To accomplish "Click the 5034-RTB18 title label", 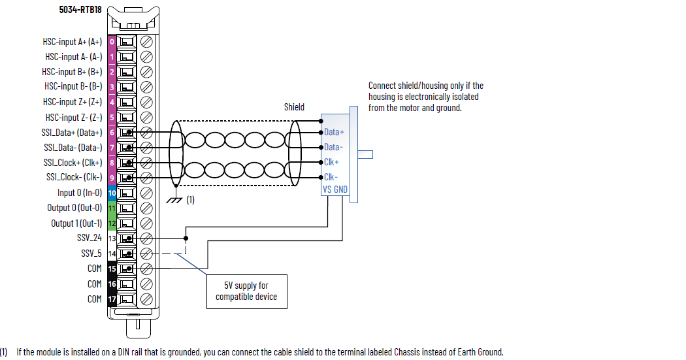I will pyautogui.click(x=79, y=10).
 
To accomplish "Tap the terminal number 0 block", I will pyautogui.click(x=112, y=42).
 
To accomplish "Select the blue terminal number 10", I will pyautogui.click(x=112, y=193).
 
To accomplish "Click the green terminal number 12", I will pyautogui.click(x=112, y=223).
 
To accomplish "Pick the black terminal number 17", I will pyautogui.click(x=112, y=299).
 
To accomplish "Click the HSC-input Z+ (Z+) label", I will pyautogui.click(x=72, y=102).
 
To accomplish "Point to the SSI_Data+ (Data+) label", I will pyautogui.click(x=73, y=133).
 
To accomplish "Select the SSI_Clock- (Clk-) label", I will pyautogui.click(x=74, y=178).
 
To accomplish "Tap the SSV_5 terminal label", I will pyautogui.click(x=91, y=254).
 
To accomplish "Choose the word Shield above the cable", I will pyautogui.click(x=294, y=107).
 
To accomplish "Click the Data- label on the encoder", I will pyautogui.click(x=334, y=147).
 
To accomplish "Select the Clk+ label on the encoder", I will pyautogui.click(x=332, y=162).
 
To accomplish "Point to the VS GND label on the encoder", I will pyautogui.click(x=335, y=189).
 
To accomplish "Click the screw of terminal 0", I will pyautogui.click(x=147, y=42).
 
